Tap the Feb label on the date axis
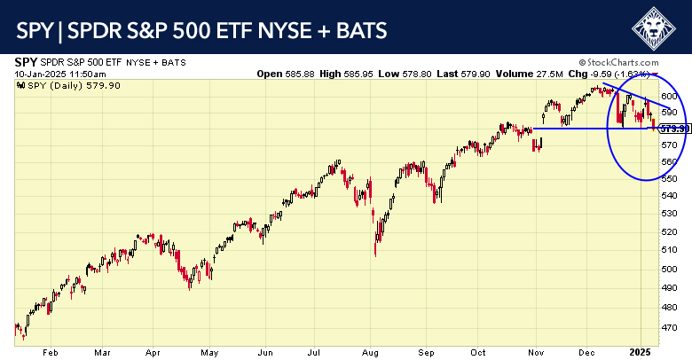(50, 351)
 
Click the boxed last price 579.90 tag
(675, 129)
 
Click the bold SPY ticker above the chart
(26, 63)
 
